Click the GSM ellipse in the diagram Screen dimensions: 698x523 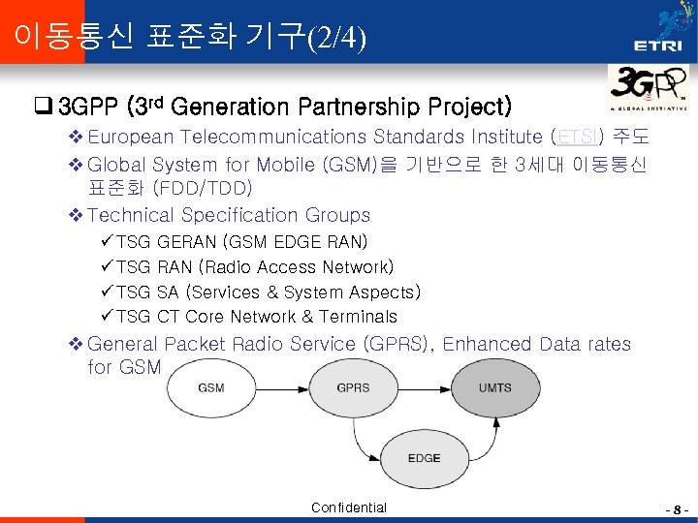211,387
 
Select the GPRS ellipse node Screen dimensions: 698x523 353,387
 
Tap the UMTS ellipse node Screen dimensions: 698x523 494,387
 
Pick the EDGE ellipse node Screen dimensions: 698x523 424,458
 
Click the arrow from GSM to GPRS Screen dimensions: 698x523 282,387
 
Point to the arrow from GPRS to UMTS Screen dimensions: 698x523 424,387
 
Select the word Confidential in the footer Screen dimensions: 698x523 349,508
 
